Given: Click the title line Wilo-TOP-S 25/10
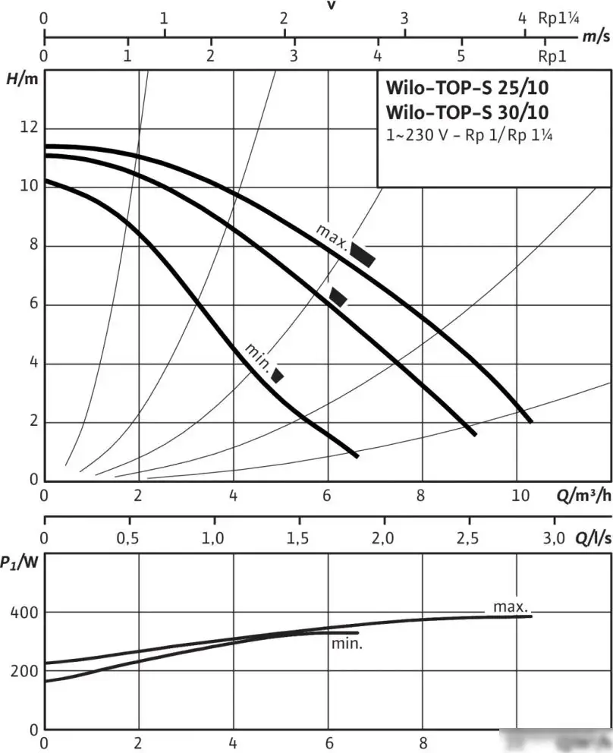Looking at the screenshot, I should (x=467, y=87).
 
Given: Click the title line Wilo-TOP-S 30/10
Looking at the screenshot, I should (x=467, y=112).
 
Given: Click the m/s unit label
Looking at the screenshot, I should (x=596, y=36).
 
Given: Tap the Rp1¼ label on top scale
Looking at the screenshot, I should (x=558, y=17).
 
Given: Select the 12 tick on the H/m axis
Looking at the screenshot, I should (x=28, y=128).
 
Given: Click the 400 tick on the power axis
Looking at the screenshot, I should (x=24, y=613).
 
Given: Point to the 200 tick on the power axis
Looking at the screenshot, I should (x=24, y=672).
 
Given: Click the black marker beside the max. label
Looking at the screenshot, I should (x=362, y=255).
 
